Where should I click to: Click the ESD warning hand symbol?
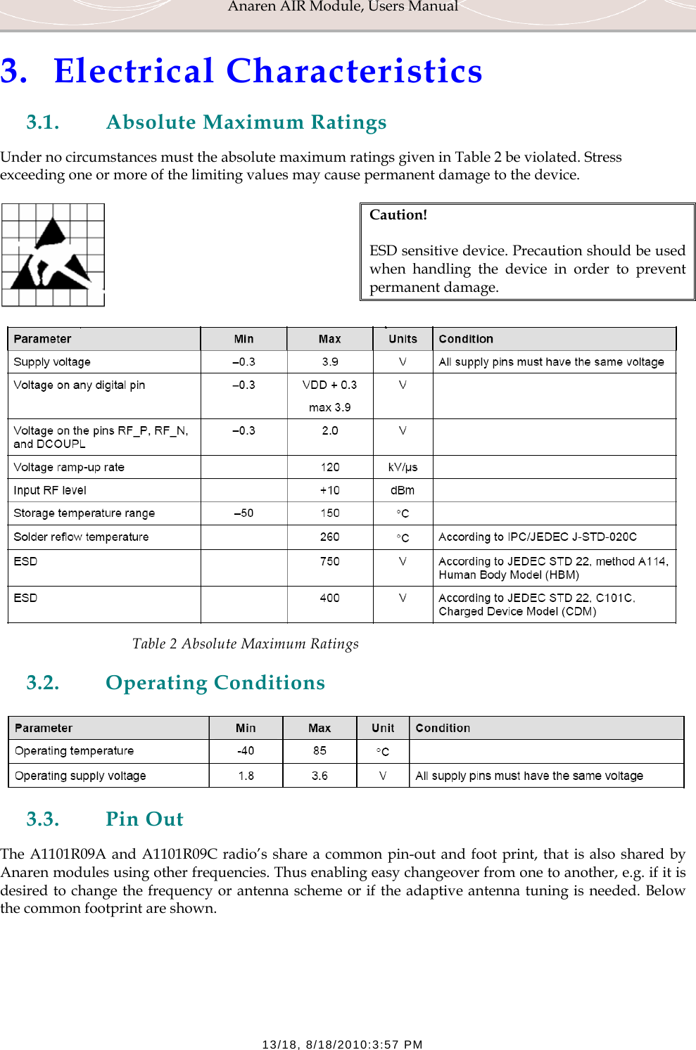(53, 255)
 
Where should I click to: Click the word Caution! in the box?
(398, 215)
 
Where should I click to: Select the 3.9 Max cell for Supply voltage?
(329, 361)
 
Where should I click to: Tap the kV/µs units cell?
(403, 467)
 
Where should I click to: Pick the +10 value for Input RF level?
(329, 490)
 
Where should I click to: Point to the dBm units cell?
(403, 490)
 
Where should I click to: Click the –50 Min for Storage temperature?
(243, 513)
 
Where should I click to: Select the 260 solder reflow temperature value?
(329, 537)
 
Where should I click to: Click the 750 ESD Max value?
(329, 561)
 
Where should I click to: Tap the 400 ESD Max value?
(329, 598)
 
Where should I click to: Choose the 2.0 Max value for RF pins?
(329, 430)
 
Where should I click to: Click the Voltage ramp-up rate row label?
(69, 467)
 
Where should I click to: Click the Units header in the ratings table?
(403, 339)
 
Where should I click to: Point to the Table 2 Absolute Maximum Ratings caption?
(245, 644)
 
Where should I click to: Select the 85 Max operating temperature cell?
(319, 750)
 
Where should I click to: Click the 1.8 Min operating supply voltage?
(246, 776)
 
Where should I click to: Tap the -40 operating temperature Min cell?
(246, 750)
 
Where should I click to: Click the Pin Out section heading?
(144, 819)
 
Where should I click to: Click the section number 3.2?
(43, 683)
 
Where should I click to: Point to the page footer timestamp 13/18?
(342, 1044)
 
